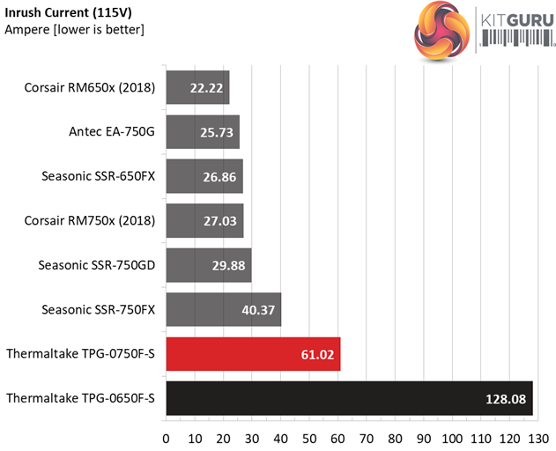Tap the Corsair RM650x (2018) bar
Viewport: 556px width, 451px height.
pyautogui.click(x=197, y=88)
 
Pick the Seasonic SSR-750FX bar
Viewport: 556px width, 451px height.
pyautogui.click(x=223, y=309)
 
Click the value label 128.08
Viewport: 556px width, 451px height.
pyautogui.click(x=505, y=399)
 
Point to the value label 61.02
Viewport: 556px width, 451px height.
pyautogui.click(x=317, y=354)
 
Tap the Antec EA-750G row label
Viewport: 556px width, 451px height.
pyautogui.click(x=112, y=132)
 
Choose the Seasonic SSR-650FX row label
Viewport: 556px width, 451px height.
pyautogui.click(x=98, y=176)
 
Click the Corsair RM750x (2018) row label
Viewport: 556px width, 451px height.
pyautogui.click(x=90, y=220)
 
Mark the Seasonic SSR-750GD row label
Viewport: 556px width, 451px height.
pyautogui.click(x=97, y=265)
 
